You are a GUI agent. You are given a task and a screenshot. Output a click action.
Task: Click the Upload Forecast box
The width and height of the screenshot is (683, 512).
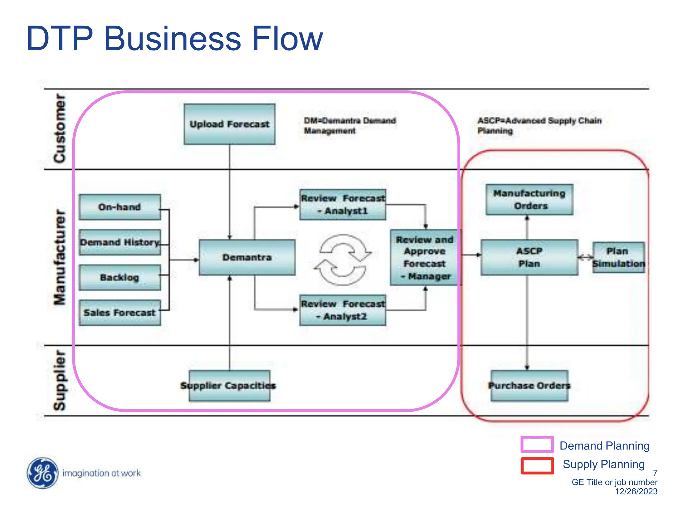(229, 124)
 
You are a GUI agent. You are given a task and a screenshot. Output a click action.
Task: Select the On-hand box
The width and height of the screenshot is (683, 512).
(120, 207)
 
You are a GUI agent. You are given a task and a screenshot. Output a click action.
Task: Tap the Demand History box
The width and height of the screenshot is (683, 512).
(120, 242)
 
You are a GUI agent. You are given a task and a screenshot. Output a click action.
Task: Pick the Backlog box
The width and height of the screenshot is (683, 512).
(120, 277)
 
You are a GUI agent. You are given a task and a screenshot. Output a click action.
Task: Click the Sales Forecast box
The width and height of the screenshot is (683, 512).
(120, 313)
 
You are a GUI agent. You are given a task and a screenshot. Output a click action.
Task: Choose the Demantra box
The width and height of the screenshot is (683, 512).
(247, 257)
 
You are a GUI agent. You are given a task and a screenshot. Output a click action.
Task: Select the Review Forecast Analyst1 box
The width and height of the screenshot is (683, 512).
(343, 205)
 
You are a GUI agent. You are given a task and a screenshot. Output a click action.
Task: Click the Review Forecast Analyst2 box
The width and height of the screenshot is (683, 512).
(343, 310)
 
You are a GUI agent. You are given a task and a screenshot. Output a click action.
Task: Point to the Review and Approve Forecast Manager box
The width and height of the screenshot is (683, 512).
(424, 257)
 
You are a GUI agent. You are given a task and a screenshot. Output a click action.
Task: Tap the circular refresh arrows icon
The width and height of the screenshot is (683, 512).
(343, 260)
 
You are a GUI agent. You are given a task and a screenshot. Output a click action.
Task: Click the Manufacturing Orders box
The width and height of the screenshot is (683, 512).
(529, 199)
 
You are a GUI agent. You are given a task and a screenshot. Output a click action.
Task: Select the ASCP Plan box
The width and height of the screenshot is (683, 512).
(529, 257)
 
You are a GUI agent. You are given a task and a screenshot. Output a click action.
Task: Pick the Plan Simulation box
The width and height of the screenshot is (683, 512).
(618, 257)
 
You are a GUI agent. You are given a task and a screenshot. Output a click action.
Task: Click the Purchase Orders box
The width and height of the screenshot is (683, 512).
(529, 386)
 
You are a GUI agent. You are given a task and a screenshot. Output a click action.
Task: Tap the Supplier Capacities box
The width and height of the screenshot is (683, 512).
(229, 386)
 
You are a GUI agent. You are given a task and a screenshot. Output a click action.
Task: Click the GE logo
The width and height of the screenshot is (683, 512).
(42, 473)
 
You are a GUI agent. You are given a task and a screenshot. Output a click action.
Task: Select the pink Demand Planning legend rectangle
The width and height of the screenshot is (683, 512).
(537, 444)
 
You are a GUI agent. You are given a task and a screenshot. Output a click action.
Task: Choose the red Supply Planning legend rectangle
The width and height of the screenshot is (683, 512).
(537, 466)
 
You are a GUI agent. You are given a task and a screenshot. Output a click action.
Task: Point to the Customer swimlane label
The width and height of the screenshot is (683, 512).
(60, 128)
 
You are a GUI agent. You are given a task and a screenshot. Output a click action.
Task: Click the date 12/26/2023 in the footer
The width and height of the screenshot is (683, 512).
(636, 491)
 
